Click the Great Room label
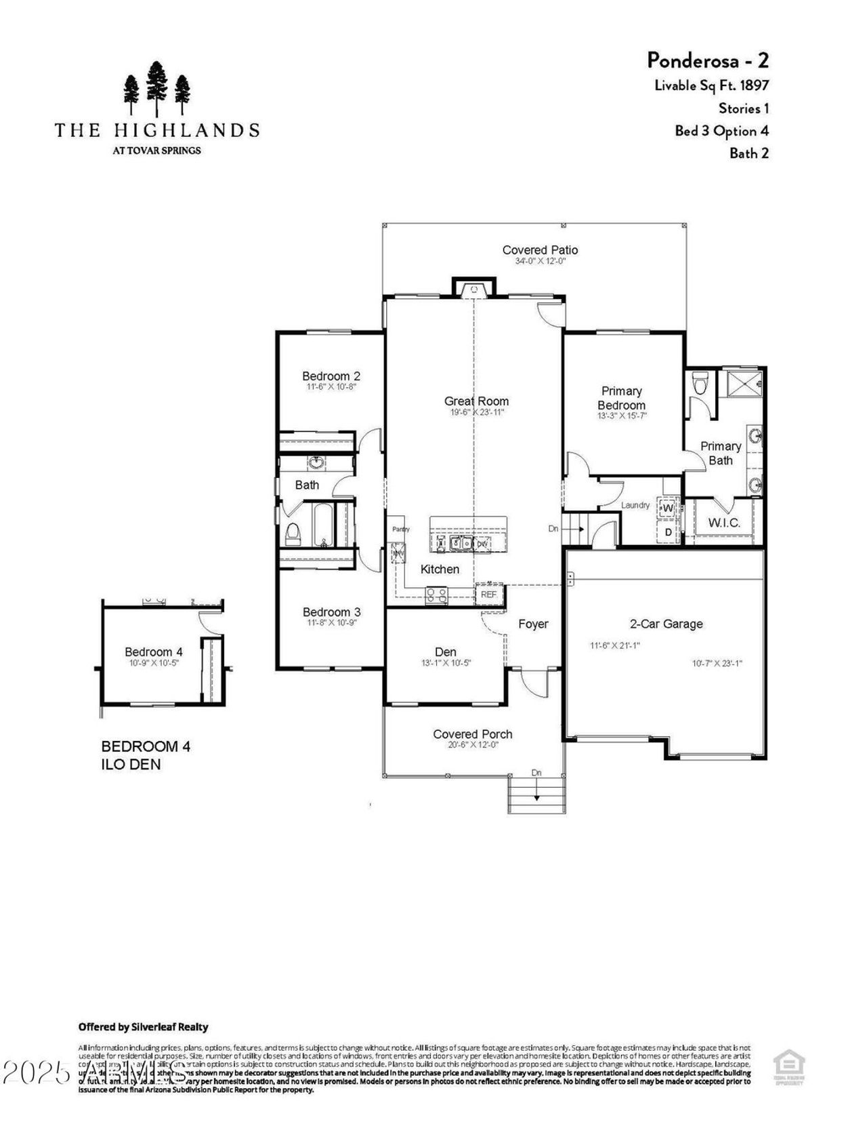476,401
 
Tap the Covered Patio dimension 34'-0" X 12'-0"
540,261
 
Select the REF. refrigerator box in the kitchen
489,595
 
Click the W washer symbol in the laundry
668,508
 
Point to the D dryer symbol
668,532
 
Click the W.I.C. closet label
724,523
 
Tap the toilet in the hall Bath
293,534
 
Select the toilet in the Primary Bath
700,383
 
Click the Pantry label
401,529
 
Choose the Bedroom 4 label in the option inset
153,651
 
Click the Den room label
445,651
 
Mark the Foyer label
533,624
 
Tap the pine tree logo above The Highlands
156,89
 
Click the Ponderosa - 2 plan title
707,60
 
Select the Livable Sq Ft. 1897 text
711,85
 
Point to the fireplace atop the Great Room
473,288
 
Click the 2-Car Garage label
666,624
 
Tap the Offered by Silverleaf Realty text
143,1027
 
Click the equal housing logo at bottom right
788,1068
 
